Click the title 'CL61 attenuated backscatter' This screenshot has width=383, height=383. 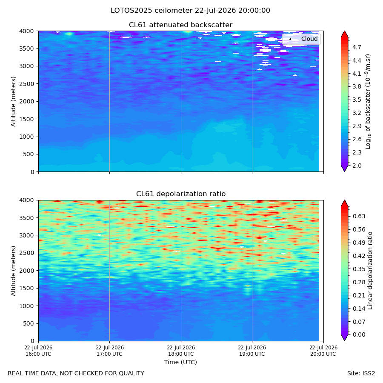coord(180,25)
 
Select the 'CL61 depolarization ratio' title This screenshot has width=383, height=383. coord(181,194)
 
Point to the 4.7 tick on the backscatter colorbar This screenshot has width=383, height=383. coord(357,47)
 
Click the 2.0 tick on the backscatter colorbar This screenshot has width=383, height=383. coord(357,166)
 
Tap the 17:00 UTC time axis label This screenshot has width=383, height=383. coord(109,351)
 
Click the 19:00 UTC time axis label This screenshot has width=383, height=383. coord(252,351)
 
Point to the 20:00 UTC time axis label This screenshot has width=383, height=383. coord(323,351)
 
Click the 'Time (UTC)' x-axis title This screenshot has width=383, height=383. coord(180,362)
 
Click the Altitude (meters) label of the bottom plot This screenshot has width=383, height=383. coord(13,271)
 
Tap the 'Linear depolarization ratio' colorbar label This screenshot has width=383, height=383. coord(370,271)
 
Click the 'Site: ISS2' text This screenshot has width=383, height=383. coord(361,374)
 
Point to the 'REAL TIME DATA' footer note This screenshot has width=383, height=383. coord(76,374)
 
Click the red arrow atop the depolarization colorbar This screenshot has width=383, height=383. coord(344,203)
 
